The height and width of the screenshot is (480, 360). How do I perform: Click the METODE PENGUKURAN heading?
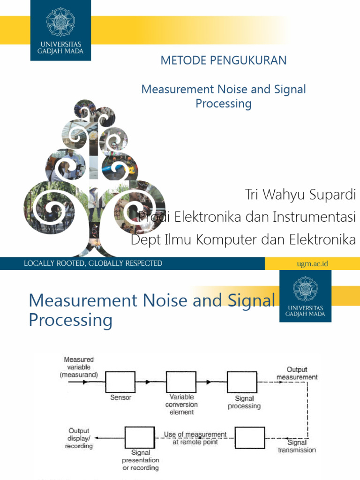[224, 60]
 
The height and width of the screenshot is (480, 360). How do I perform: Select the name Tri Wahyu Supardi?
[300, 195]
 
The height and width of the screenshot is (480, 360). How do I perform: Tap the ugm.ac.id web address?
[312, 263]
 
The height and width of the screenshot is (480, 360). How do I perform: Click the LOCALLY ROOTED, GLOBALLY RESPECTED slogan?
[93, 263]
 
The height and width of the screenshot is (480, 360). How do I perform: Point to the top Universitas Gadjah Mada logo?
[61, 30]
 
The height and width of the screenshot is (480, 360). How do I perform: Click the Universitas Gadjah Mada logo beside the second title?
[305, 296]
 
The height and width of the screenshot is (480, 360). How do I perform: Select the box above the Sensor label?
[120, 382]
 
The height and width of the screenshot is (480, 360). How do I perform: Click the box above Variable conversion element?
[181, 382]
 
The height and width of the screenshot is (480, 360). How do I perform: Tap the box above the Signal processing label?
[242, 382]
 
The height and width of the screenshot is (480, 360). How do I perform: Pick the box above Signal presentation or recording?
[140, 438]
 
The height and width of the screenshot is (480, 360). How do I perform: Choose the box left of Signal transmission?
[250, 438]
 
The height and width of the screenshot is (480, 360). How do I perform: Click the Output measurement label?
[296, 373]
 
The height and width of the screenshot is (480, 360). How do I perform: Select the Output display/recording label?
[79, 438]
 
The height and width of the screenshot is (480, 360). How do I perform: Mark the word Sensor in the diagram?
[121, 397]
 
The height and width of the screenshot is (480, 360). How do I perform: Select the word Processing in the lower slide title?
[70, 320]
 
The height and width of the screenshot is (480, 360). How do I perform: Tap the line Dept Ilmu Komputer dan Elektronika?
[243, 240]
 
